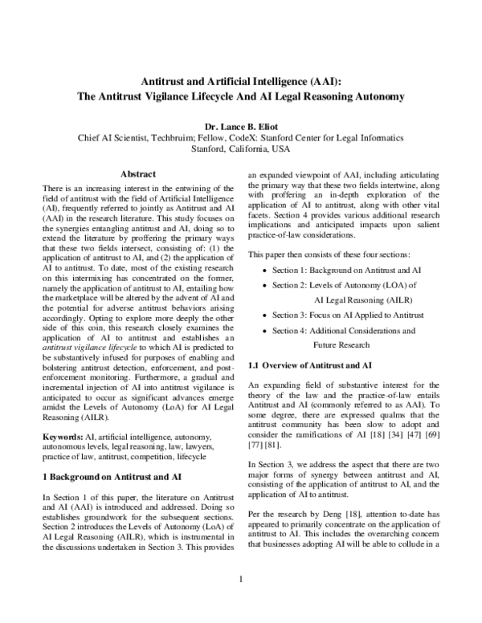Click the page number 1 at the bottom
point(241,602)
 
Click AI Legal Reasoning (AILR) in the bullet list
point(347,298)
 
